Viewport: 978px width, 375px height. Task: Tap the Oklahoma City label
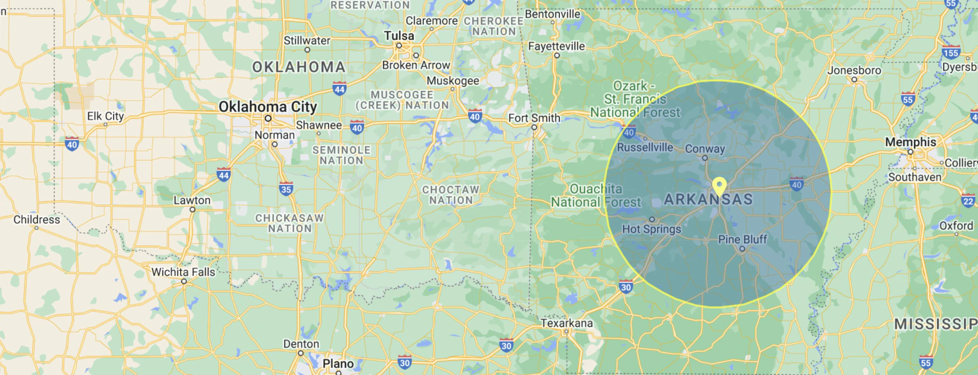(x=267, y=107)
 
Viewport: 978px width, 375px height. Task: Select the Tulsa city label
(x=399, y=36)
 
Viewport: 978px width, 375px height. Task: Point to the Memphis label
(x=910, y=142)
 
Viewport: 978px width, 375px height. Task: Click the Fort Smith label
(x=534, y=118)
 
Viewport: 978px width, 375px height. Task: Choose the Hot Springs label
(x=651, y=229)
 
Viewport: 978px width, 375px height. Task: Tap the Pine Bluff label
(x=742, y=239)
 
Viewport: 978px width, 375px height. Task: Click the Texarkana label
(x=566, y=323)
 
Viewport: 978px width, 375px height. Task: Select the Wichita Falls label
(x=183, y=272)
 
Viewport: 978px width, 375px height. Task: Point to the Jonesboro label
(x=854, y=70)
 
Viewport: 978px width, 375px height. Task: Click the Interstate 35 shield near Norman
(x=286, y=189)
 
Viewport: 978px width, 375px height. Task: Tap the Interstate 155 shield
(x=951, y=52)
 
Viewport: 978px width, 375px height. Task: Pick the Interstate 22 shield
(x=968, y=201)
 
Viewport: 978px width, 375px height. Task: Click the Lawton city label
(x=192, y=200)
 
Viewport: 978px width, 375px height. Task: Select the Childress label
(x=36, y=220)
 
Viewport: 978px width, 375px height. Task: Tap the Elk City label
(x=105, y=116)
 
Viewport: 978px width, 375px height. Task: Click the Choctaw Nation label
(x=451, y=195)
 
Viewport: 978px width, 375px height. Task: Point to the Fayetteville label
(x=556, y=47)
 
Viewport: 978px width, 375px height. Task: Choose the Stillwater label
(x=307, y=41)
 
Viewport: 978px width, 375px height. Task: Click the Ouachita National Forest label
(x=595, y=196)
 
